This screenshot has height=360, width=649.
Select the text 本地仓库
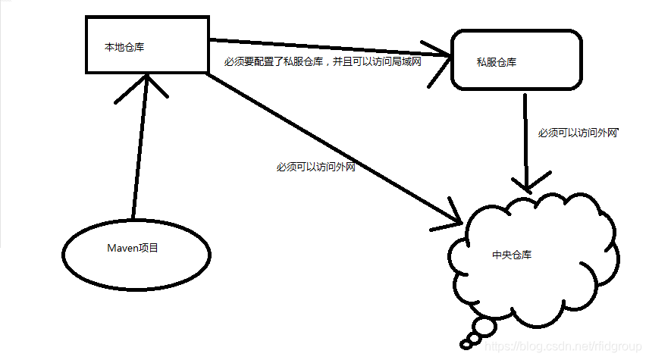pos(124,48)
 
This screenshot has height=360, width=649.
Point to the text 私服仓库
pos(497,61)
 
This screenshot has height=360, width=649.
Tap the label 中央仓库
pos(512,255)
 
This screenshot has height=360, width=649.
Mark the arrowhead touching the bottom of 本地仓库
pos(141,83)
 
